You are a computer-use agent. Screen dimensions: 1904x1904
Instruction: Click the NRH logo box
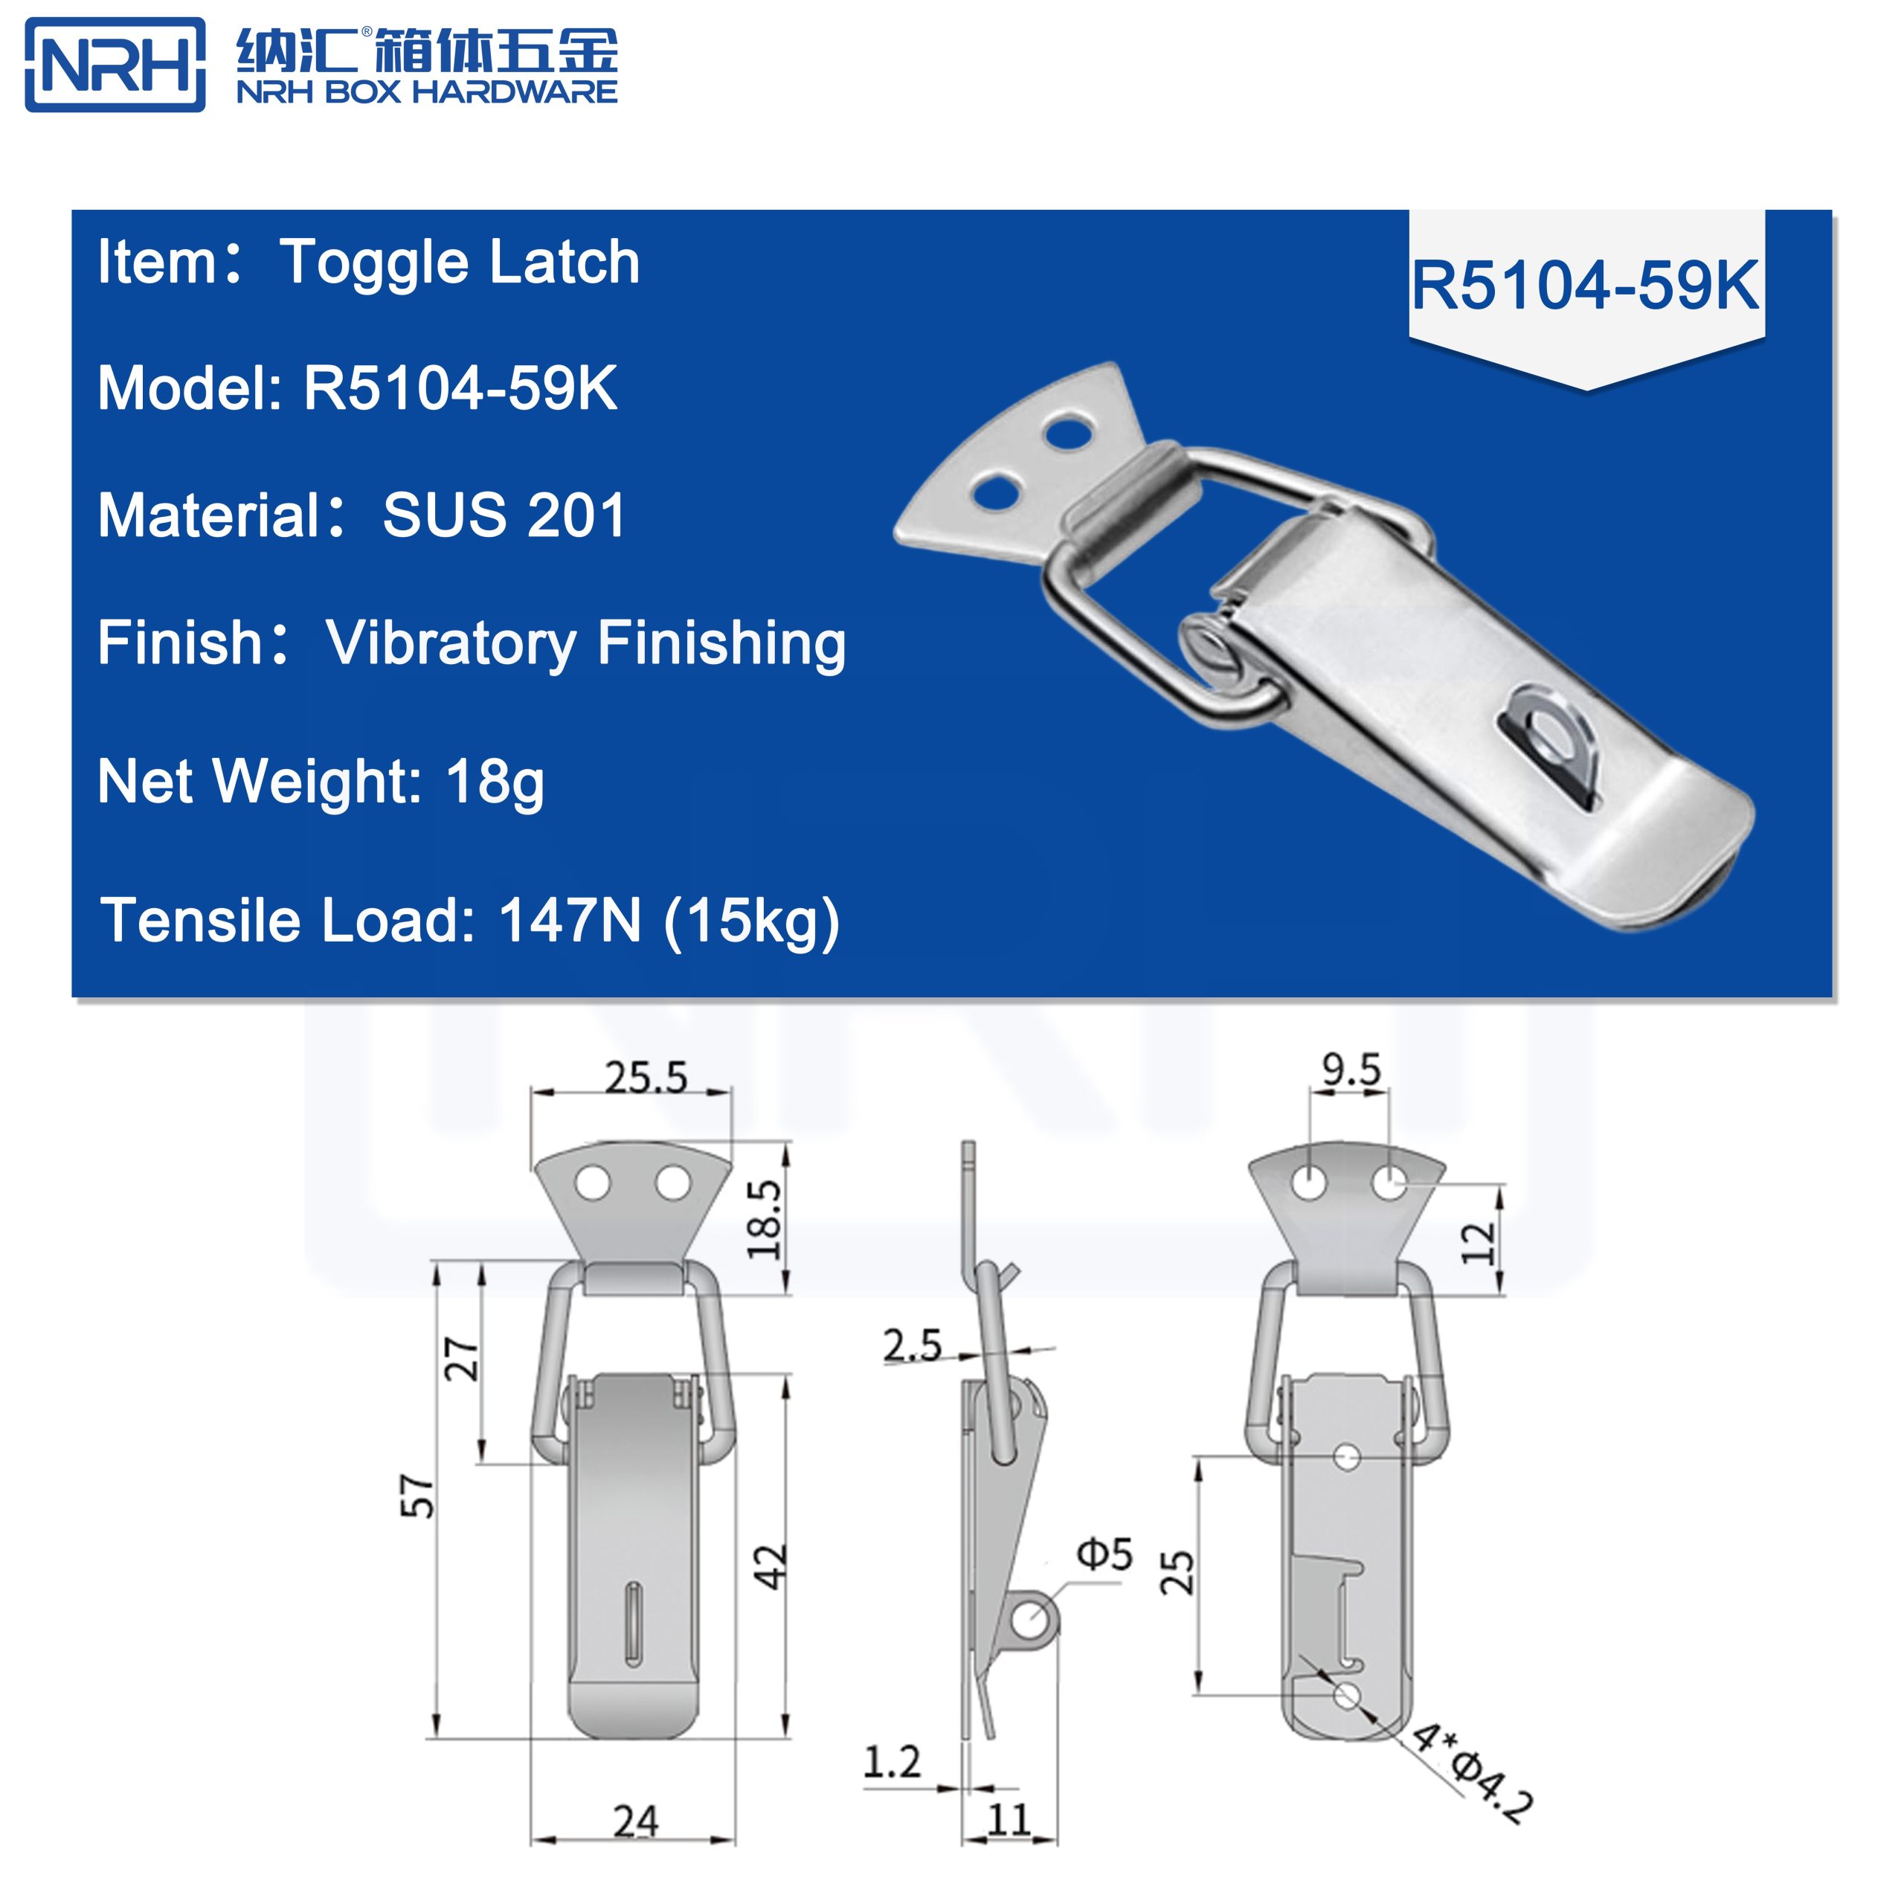115,65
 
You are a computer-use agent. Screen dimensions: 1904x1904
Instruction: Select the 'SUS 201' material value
504,515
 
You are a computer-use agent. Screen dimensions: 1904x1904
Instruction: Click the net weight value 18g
495,782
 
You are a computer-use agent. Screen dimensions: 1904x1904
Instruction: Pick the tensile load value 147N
570,921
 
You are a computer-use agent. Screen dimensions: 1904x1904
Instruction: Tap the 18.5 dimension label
765,1219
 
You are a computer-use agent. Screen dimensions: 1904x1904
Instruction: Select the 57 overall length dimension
418,1496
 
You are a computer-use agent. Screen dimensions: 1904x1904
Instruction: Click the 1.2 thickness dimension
891,1762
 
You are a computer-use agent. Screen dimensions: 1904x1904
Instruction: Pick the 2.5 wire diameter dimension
912,1345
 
